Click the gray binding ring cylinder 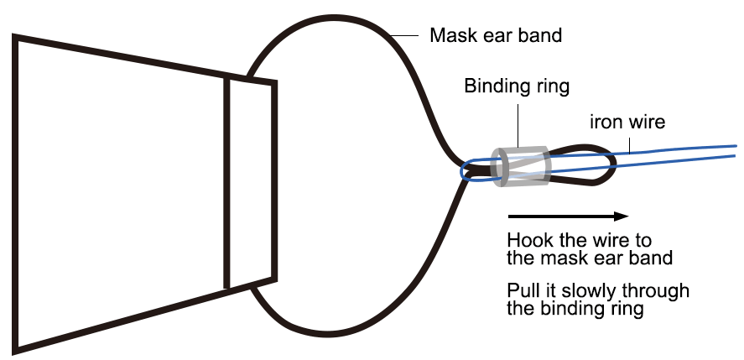point(523,164)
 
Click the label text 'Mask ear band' point(495,36)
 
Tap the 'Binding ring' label point(517,86)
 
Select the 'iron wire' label point(627,122)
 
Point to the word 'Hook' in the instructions point(529,240)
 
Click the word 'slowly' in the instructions point(594,291)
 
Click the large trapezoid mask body point(117,193)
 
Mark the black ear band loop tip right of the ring point(613,165)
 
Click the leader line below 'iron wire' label point(629,143)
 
